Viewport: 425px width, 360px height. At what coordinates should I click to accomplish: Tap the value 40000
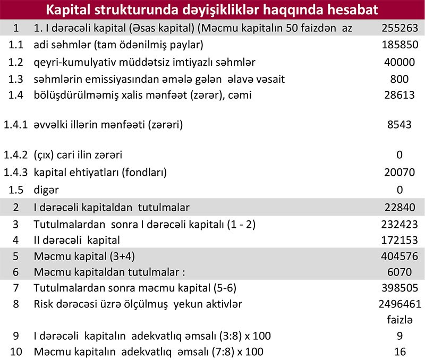coord(399,62)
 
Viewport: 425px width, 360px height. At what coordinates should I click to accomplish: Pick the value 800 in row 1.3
coord(399,79)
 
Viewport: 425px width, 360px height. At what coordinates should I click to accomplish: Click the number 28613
coord(399,96)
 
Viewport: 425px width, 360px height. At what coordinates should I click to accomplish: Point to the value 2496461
coord(399,305)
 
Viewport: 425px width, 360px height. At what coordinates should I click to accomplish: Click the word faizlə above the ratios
coord(399,320)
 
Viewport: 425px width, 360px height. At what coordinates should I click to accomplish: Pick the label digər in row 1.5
coord(46,190)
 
